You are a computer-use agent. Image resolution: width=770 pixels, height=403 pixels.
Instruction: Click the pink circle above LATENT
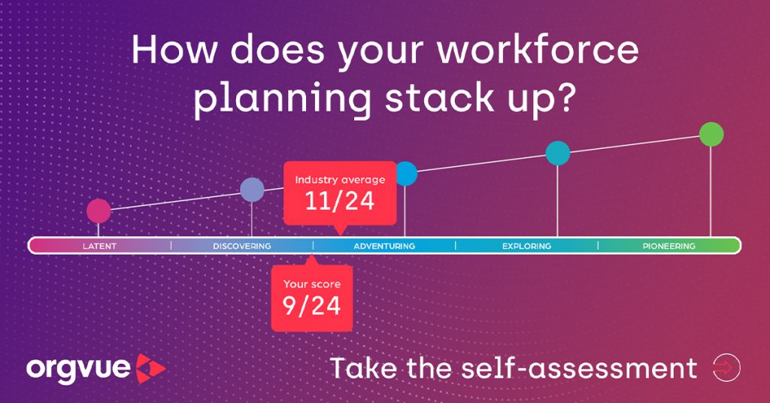(99, 211)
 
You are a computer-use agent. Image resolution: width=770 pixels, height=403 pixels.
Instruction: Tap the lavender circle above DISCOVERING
(252, 189)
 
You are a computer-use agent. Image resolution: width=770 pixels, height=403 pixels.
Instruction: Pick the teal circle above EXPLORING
(558, 153)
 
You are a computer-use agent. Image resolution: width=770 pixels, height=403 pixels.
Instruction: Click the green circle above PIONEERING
(711, 134)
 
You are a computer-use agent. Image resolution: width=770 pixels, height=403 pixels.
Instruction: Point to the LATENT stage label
(100, 246)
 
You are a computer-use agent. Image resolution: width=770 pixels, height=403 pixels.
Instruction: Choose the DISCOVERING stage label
(242, 246)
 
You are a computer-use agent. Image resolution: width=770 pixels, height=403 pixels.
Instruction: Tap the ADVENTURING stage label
(384, 246)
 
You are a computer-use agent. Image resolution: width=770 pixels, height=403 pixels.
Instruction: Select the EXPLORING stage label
(526, 246)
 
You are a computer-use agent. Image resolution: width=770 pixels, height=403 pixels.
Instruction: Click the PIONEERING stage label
(668, 246)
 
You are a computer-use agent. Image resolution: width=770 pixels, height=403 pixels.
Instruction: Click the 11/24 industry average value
(340, 201)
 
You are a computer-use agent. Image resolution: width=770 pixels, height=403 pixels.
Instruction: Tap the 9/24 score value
(311, 306)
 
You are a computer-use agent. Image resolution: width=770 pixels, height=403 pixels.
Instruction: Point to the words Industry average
(340, 180)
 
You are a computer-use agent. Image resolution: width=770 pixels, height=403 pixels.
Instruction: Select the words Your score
(312, 284)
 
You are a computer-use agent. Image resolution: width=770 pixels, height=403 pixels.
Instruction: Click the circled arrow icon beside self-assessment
(726, 368)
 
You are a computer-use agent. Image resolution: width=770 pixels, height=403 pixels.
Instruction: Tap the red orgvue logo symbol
(150, 368)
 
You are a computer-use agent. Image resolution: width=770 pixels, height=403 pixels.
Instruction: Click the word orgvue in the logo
(78, 370)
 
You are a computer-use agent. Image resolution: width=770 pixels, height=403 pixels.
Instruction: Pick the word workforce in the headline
(538, 50)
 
